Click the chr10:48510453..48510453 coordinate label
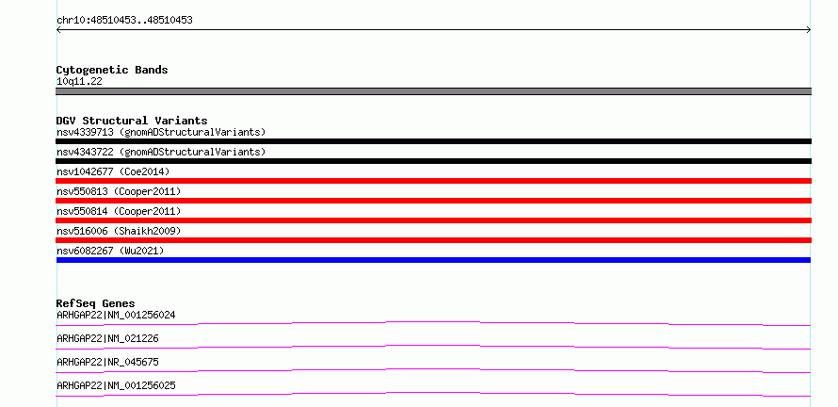[x=124, y=21]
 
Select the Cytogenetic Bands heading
[x=112, y=70]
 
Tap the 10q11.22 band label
[x=79, y=82]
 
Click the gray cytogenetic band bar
[x=433, y=91]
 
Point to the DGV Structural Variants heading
[x=132, y=121]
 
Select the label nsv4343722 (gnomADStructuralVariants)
[x=161, y=152]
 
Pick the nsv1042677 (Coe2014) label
[x=113, y=171]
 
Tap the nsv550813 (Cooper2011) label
[x=119, y=191]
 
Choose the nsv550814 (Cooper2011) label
[x=119, y=211]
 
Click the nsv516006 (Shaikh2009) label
[x=119, y=231]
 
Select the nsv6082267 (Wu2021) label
[x=110, y=251]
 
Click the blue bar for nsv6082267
[x=433, y=260]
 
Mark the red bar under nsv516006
[x=433, y=240]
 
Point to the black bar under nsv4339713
[x=433, y=141]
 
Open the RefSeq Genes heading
[x=96, y=303]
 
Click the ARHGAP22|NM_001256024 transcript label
[x=116, y=316]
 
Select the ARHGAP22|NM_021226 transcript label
[x=107, y=339]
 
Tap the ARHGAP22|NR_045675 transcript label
[x=107, y=363]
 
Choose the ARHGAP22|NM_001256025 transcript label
[x=116, y=386]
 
